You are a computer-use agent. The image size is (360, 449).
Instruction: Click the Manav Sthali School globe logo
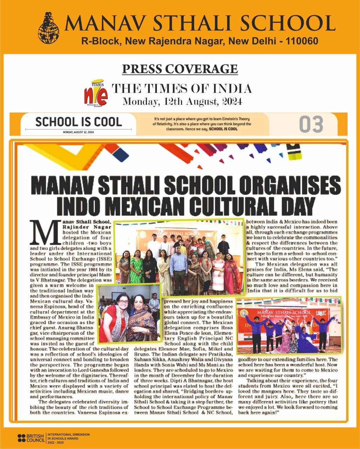coord(49,28)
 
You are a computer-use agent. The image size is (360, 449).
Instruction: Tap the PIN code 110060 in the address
coord(302,41)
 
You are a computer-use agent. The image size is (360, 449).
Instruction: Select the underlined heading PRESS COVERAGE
coord(180,69)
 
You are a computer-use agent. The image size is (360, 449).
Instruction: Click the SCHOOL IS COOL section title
coord(78,122)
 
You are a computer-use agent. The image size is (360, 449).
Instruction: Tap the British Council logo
coord(31,437)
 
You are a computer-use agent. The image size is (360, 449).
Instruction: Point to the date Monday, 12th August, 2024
coord(182,102)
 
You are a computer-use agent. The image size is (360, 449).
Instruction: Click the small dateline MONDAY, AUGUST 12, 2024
coord(79,133)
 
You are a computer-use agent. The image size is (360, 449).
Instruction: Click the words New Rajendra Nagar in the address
coord(175,41)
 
